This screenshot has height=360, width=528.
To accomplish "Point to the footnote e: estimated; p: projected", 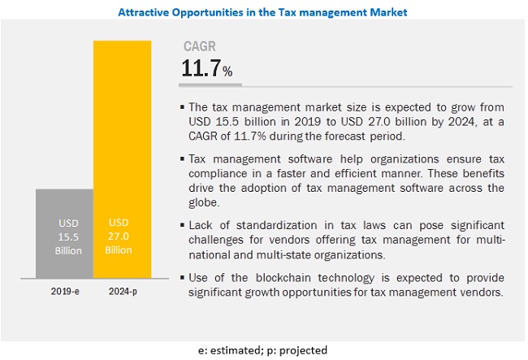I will coord(262,349).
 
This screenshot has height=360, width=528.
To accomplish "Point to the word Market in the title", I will coord(385,12).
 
